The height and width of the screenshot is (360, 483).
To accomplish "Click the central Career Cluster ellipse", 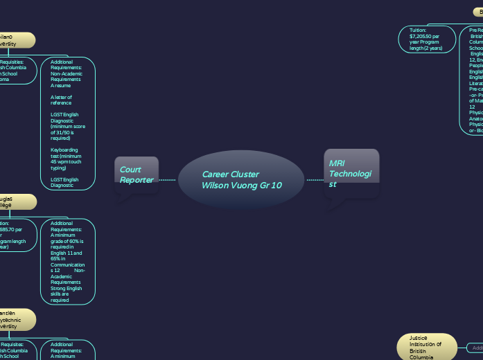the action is (240, 180).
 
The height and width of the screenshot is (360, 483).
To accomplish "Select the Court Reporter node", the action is (137, 175).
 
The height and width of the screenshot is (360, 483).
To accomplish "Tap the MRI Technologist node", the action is (351, 173).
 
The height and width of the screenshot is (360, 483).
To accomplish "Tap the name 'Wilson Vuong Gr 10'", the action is (242, 186).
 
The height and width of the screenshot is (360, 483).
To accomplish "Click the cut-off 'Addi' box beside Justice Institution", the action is (475, 348).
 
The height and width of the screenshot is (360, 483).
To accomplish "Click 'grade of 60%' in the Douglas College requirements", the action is (68, 242).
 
